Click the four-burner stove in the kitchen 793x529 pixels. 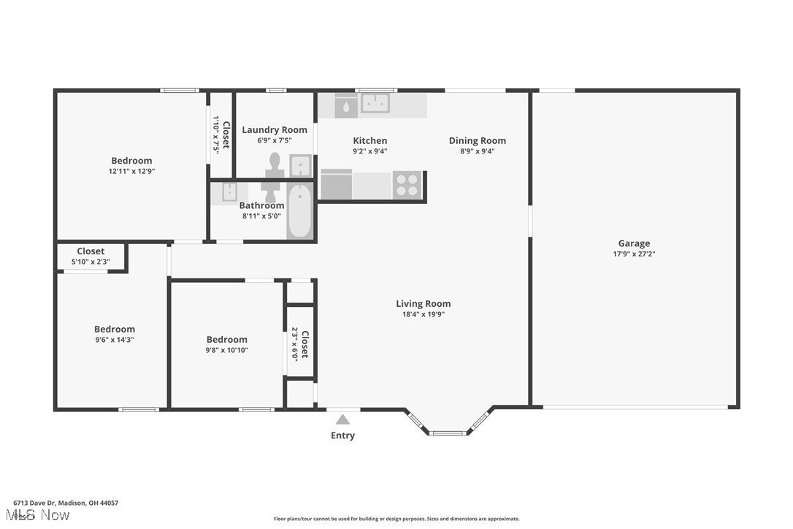(x=407, y=185)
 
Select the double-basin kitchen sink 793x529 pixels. (x=375, y=104)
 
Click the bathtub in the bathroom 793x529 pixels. (x=299, y=211)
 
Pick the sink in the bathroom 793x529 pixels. (x=229, y=192)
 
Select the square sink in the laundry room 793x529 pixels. (x=299, y=166)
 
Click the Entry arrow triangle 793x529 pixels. (x=342, y=419)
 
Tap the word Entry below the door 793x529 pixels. (x=342, y=435)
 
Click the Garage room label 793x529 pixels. (x=634, y=243)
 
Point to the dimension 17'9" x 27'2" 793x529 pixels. (x=634, y=254)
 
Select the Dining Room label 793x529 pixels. (x=477, y=140)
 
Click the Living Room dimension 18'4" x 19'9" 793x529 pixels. (x=424, y=314)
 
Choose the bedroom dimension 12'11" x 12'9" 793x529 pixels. (x=131, y=171)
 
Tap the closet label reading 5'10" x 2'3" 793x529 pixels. (x=91, y=262)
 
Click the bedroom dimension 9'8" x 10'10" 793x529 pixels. (x=226, y=350)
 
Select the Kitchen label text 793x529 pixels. (x=369, y=140)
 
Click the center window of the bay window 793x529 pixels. (x=448, y=433)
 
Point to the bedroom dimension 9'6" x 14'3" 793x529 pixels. (x=114, y=340)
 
